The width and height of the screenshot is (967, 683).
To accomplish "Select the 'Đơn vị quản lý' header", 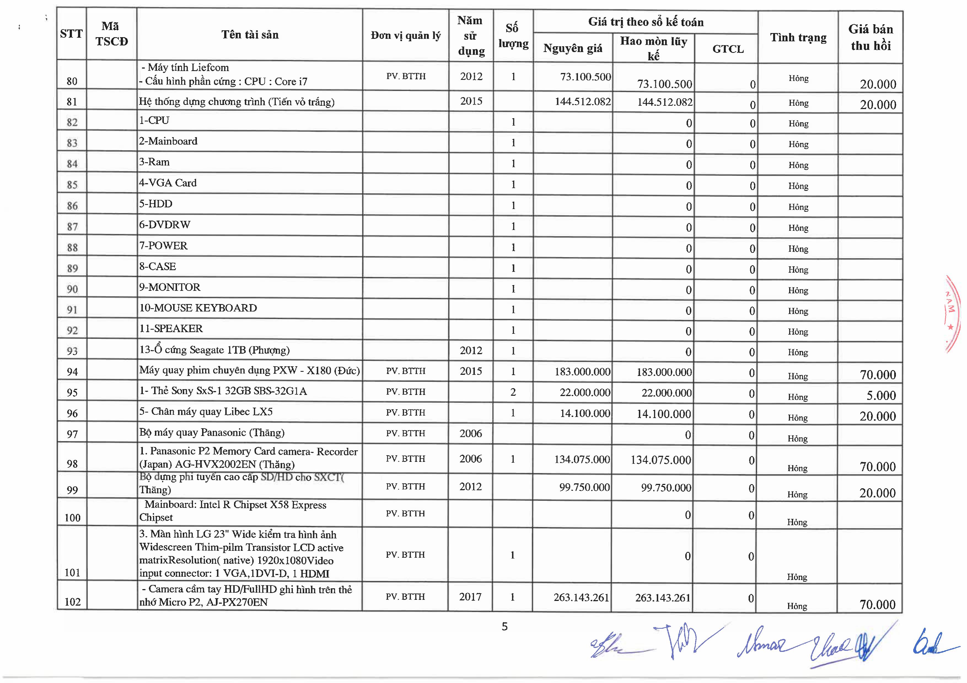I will coord(405,35).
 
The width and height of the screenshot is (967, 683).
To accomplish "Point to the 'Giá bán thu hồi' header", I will coord(871,37).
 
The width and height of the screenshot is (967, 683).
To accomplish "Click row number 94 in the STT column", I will coord(72,372).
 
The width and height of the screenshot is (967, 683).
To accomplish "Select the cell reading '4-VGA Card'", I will coord(168,183).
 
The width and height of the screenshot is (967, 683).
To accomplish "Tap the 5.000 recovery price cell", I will coord(881,395).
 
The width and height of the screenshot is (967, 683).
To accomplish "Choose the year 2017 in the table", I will coord(470,597).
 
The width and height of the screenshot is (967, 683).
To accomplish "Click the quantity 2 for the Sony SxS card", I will coord(513,392).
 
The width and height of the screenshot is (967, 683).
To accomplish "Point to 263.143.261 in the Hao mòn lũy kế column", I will coord(662,598).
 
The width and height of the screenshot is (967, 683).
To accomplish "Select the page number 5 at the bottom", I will coord(504,627).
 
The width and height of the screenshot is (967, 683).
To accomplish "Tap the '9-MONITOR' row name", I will coord(170,287).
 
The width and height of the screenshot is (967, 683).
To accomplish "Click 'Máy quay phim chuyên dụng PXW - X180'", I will coord(249,370).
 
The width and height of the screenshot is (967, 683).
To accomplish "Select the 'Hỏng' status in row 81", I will coord(798,103).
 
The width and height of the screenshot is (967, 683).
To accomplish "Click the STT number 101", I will coord(72,572).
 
